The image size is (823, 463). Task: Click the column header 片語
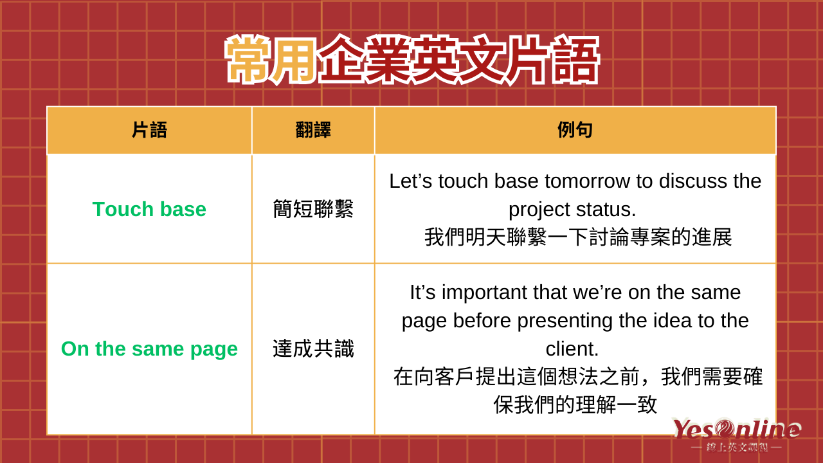(149, 130)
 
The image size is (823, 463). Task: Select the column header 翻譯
(313, 130)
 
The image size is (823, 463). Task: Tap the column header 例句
(575, 130)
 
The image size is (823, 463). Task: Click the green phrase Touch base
(149, 209)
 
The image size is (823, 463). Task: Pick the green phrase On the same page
(149, 349)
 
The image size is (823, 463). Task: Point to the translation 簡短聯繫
(313, 209)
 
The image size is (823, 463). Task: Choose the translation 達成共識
(313, 349)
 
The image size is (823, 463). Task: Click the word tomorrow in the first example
(587, 181)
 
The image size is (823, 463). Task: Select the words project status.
(572, 210)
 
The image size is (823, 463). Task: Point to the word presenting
(565, 321)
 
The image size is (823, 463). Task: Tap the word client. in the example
(572, 349)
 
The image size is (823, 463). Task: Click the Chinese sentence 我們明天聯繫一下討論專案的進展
(578, 237)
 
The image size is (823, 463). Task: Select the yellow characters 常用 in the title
(271, 60)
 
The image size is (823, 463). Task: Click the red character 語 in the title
(575, 60)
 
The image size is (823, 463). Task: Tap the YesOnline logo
(737, 434)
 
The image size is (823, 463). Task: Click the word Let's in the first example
(410, 181)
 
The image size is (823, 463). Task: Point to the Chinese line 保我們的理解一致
(575, 405)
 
